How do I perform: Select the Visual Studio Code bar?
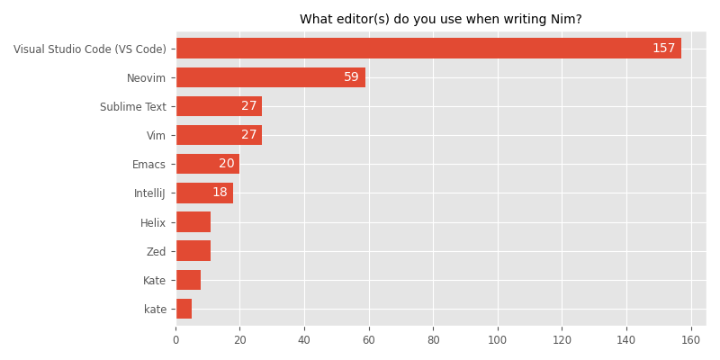tap(428, 48)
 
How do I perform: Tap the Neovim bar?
tap(270, 77)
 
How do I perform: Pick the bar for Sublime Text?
tap(219, 106)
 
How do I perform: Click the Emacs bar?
tap(208, 164)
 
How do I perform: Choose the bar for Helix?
tap(193, 221)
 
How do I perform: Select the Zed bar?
tap(193, 250)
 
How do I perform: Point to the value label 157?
tap(664, 48)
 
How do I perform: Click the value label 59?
tap(351, 77)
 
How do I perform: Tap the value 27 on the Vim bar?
tap(248, 135)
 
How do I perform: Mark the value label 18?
tap(220, 193)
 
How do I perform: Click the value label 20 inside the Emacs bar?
tap(226, 164)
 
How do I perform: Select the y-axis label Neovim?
tap(147, 77)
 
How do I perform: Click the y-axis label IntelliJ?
tap(149, 193)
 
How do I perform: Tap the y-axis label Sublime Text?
tap(132, 106)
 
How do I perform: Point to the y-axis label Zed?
tap(156, 250)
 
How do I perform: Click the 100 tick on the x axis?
tap(498, 340)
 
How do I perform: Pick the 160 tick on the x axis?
tap(690, 340)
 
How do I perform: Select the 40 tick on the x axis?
tap(304, 340)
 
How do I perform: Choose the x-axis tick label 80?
tap(433, 340)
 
